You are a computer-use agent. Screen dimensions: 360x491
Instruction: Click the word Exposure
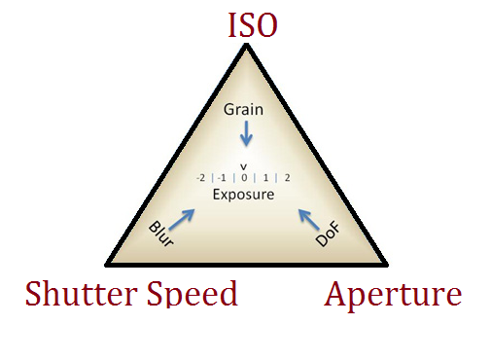[x=243, y=195]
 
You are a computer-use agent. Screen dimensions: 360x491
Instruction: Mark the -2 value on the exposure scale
[x=199, y=178]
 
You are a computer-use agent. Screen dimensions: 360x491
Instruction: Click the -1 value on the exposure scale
[x=222, y=178]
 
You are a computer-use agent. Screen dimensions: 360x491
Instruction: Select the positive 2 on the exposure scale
[x=287, y=178]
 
